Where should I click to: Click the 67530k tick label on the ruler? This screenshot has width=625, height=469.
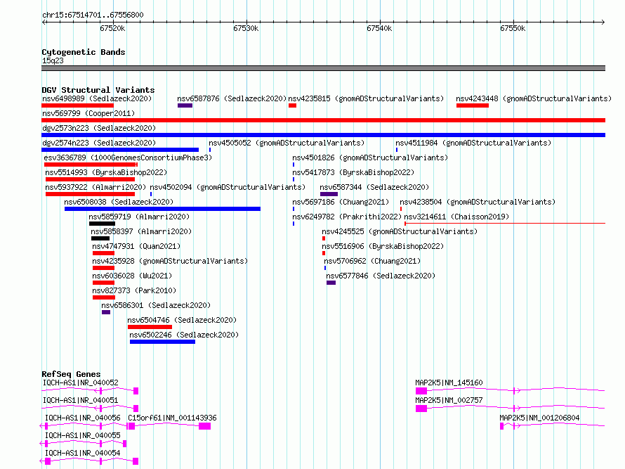(x=246, y=28)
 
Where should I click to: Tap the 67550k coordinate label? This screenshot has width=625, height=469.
(x=513, y=28)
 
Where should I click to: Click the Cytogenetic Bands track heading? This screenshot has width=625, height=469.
(x=84, y=52)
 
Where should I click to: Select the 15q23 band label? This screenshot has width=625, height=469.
(x=53, y=60)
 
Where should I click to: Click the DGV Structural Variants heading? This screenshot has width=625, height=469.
(x=98, y=90)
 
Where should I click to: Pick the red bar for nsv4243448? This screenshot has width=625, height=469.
(x=473, y=105)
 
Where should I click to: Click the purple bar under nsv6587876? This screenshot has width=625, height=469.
(x=185, y=105)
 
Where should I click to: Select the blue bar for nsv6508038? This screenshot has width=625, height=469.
(x=162, y=209)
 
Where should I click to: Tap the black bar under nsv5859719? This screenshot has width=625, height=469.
(x=102, y=224)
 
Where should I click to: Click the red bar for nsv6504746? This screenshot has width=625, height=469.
(x=150, y=327)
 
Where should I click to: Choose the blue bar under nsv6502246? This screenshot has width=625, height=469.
(x=163, y=342)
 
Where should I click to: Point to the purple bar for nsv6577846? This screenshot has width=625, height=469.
(x=331, y=283)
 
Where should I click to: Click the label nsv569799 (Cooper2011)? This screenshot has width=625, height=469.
(x=88, y=113)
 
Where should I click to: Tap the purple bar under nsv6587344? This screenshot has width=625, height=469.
(x=329, y=194)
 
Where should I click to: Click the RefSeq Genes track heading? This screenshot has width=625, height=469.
(x=71, y=374)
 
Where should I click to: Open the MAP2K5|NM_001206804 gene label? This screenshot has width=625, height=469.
(x=539, y=418)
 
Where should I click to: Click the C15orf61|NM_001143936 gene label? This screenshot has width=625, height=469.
(x=172, y=418)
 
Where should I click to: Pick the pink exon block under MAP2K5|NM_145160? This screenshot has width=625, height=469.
(x=421, y=391)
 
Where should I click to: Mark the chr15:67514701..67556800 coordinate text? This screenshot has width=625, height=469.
(x=93, y=15)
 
